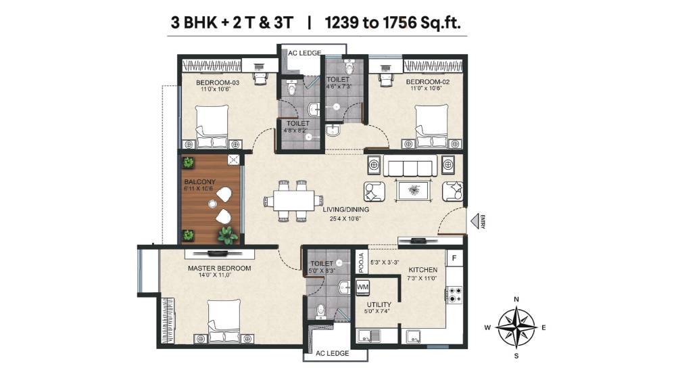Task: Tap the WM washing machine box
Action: pos(362,287)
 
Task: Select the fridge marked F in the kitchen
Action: pos(454,258)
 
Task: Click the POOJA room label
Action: pos(361,262)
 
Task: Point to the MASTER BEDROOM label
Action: pos(220,268)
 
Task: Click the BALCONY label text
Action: pos(199,182)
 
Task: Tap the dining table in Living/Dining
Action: pos(294,201)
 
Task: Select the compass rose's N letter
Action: pos(516,299)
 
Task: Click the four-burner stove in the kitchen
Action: pos(454,295)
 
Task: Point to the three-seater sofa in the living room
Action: pos(410,166)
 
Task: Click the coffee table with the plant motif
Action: pos(414,191)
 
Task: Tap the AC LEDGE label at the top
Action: pos(305,53)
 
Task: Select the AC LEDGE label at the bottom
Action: pos(332,353)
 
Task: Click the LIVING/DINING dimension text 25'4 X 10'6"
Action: pos(345,218)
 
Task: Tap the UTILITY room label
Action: pos(379,304)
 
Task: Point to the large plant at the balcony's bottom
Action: pos(227,235)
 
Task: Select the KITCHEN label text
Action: pos(423,270)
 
